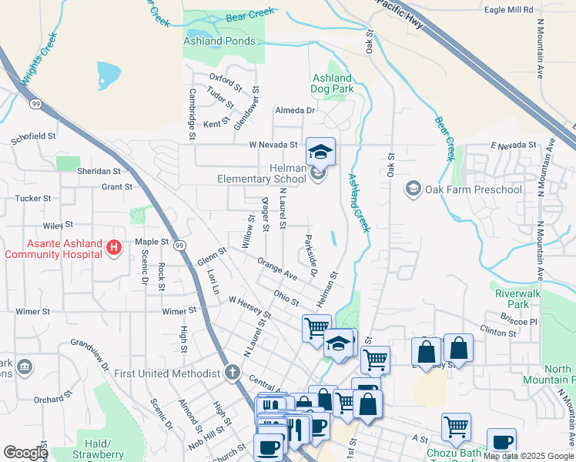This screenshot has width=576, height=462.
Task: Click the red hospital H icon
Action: pos(114,247)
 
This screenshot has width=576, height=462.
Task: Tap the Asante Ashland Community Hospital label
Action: pos(52,249)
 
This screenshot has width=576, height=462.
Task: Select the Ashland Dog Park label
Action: pos(333,84)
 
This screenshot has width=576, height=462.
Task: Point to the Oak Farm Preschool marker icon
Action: pos(414,189)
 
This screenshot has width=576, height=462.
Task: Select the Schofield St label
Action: pos(33,136)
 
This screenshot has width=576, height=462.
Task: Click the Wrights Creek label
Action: pos(36,59)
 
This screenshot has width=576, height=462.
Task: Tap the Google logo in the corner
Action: pos(25,453)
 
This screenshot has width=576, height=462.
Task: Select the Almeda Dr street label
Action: pos(296,110)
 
